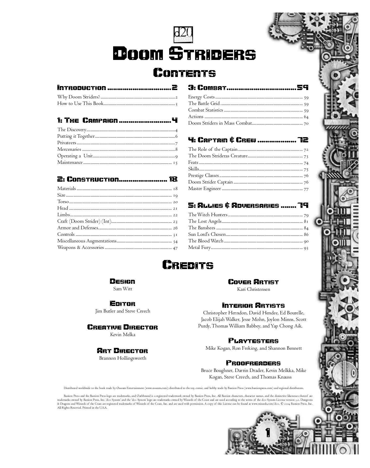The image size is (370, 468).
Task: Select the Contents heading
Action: coord(184,73)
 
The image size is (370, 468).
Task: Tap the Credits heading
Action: coord(188,265)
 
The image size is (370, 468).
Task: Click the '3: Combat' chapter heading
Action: coord(207,88)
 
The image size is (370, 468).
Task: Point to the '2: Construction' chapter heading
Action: coord(88,179)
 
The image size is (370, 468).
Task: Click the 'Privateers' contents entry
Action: coord(67,143)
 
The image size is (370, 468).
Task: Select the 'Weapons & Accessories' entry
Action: coord(81,248)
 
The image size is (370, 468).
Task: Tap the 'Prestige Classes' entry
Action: coord(203,176)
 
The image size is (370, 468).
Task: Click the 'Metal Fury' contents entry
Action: coord(199,248)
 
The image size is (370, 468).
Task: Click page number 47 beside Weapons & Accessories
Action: coord(175,248)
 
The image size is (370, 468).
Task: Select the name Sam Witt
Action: coord(123,289)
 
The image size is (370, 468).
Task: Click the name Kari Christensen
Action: coord(253,289)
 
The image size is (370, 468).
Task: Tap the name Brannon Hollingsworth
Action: coord(123,358)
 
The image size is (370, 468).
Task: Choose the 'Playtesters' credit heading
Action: coord(253,341)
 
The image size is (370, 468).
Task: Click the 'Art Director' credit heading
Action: coord(123,351)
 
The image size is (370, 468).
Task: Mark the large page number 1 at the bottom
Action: coord(268,432)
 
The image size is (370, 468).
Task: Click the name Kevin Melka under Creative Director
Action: coord(123,335)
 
